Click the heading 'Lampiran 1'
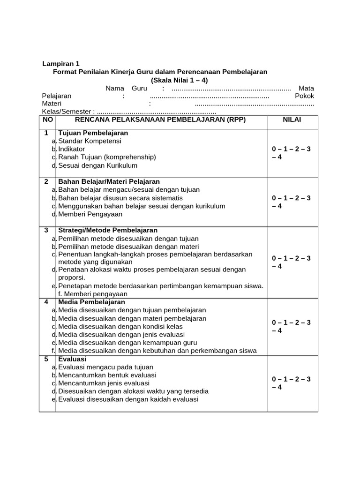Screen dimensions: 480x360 click(61, 64)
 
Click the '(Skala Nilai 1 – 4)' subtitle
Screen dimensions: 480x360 click(179, 80)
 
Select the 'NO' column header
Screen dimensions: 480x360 click(47, 120)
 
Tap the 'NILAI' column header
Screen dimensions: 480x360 click(292, 120)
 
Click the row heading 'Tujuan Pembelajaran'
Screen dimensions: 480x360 click(93, 133)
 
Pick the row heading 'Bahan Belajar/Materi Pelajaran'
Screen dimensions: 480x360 click(109, 181)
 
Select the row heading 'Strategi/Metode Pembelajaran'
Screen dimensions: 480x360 click(108, 230)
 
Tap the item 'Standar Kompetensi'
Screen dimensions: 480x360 click(90, 141)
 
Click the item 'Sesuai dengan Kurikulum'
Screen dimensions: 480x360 click(97, 165)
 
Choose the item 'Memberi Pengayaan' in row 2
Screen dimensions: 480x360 click(90, 214)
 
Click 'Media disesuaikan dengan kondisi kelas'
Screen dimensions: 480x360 click(120, 327)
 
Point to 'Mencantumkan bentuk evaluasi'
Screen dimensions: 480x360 click(107, 375)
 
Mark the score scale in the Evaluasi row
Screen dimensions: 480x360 click(291, 383)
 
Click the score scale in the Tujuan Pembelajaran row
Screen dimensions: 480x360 click(291, 153)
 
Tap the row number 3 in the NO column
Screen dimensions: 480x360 click(46, 230)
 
